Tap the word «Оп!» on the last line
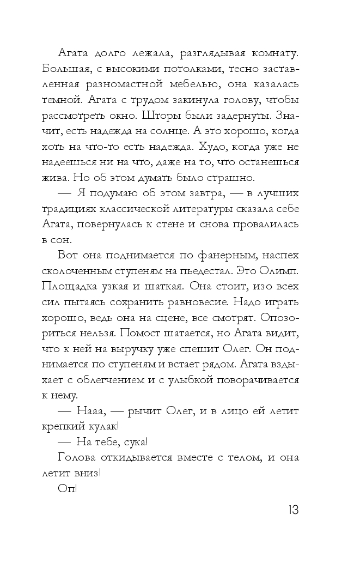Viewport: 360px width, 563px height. (68, 489)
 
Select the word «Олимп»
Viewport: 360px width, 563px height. (281, 271)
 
